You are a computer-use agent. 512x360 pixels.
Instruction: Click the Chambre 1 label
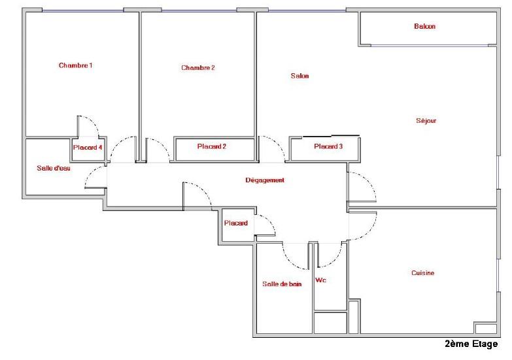click(75, 65)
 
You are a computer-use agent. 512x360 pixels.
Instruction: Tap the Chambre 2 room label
click(198, 67)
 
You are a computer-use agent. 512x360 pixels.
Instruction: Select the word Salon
click(299, 76)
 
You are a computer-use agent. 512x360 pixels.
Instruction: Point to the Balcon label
click(424, 26)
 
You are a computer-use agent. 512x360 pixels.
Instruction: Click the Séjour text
click(426, 120)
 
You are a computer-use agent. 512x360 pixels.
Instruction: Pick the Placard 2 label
click(212, 146)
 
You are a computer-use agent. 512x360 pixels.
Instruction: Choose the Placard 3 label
click(328, 146)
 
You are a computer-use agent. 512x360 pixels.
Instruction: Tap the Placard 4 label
click(88, 147)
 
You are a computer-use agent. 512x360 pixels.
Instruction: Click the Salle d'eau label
click(54, 168)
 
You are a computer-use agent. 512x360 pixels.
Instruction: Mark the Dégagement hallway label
click(265, 180)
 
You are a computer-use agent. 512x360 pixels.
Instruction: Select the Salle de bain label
click(282, 284)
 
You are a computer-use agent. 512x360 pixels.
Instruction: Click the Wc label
click(320, 280)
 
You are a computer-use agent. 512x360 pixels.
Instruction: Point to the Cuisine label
click(423, 273)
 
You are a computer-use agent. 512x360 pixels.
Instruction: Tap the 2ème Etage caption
click(471, 344)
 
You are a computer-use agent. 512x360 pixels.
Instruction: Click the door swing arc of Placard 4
click(93, 122)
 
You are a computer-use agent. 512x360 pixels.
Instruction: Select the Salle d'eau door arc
click(91, 172)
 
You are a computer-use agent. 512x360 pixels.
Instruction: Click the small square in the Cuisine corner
click(486, 328)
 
